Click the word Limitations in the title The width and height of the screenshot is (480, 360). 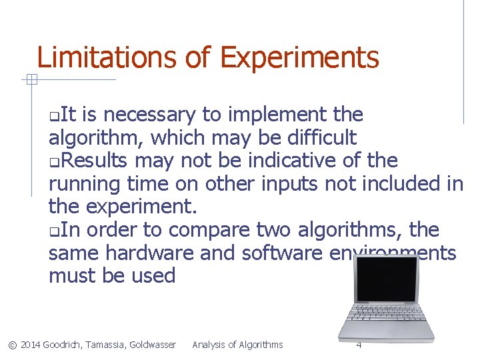point(107,58)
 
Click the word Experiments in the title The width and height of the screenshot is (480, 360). point(299,59)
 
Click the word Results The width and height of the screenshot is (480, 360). point(98,161)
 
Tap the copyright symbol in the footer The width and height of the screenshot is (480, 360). point(11,345)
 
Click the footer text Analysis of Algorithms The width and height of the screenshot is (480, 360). point(237,345)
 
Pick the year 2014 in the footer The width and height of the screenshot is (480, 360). point(31,345)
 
